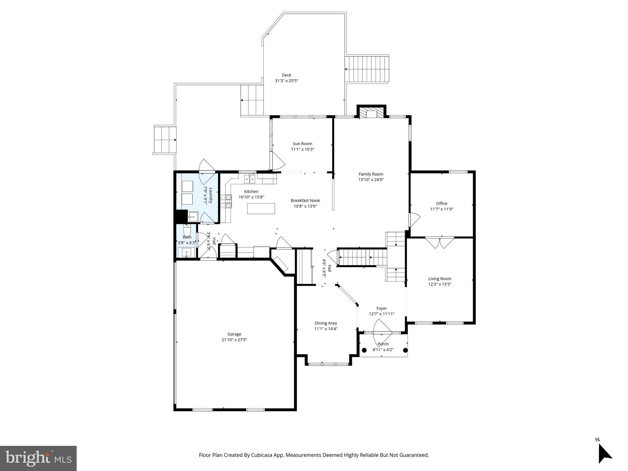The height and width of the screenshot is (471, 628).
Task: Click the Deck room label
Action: tap(286, 75)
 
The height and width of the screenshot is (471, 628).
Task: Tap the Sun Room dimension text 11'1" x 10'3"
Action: tap(302, 149)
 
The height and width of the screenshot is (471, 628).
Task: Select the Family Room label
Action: tap(371, 174)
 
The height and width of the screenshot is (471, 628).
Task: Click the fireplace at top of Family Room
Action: tap(371, 113)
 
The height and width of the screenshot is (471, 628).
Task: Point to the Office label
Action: tap(442, 203)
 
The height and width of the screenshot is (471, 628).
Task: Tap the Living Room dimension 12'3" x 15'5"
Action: tap(440, 284)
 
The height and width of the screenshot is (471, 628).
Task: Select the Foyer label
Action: tap(381, 308)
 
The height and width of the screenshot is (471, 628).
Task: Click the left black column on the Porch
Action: tap(364, 350)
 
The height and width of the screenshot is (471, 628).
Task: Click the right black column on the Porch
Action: tap(405, 350)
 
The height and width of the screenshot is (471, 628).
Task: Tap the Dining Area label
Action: tap(326, 323)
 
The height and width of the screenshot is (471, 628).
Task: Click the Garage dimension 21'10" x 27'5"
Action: tap(234, 340)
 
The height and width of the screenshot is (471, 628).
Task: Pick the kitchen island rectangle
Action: tap(261, 209)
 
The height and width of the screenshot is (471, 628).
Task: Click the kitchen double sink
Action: tap(250, 179)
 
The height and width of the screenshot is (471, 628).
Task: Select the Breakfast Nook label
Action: tap(305, 201)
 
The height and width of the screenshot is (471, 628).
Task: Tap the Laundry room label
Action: tap(211, 196)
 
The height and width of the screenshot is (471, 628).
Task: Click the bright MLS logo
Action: tap(38, 458)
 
